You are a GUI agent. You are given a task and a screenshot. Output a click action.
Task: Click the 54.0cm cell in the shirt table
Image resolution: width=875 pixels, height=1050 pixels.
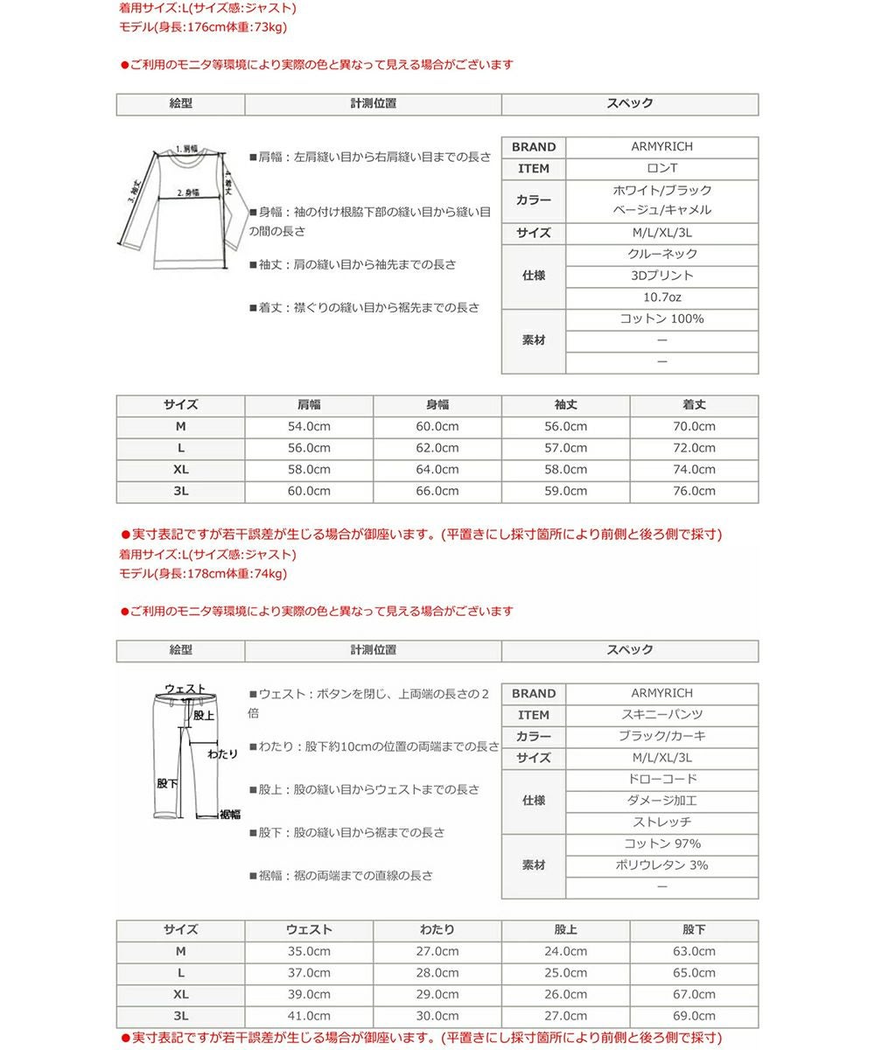pos(309,427)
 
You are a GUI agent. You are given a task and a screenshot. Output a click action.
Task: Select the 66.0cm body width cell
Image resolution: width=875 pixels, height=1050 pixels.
pos(437,492)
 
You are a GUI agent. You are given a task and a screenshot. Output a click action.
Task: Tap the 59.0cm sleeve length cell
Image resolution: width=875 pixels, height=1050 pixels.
pos(565,492)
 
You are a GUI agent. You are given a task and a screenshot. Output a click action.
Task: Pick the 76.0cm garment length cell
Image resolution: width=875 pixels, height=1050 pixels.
pos(694,492)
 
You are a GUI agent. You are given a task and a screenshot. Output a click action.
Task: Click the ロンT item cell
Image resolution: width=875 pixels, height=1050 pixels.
pos(661,169)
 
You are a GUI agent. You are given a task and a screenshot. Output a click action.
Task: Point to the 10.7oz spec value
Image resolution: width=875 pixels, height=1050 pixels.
pos(661,297)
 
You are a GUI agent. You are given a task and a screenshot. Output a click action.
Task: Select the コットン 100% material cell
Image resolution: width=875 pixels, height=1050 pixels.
pos(661,319)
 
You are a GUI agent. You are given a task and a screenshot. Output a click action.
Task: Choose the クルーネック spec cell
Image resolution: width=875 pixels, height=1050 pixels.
pos(661,255)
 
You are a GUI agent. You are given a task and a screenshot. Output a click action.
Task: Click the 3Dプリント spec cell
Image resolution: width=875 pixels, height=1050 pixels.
pos(661,276)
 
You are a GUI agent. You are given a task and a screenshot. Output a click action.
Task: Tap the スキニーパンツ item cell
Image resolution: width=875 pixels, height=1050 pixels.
pos(661,715)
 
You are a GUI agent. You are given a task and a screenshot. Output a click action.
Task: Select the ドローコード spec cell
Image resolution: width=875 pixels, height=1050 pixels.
pos(661,780)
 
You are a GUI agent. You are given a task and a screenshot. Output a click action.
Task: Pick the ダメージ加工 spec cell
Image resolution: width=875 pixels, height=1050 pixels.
pos(661,801)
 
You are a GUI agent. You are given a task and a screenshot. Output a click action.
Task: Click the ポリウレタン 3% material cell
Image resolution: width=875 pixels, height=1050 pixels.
pos(661,865)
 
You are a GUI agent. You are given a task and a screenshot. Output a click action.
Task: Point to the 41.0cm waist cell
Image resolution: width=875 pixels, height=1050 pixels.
pos(309,1017)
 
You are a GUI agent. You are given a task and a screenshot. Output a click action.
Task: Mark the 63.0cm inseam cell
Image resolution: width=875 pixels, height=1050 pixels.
pos(694,952)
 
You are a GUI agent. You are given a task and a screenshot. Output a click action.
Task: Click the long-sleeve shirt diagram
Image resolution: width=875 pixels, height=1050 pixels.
pos(179,206)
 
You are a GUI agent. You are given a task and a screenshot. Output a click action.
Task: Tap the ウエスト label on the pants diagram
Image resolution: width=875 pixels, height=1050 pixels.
pos(185,689)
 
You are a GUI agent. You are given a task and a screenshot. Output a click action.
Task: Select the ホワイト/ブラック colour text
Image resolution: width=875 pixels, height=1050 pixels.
pos(661,191)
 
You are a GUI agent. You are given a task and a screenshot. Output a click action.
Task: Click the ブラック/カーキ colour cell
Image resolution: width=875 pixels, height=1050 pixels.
pos(661,737)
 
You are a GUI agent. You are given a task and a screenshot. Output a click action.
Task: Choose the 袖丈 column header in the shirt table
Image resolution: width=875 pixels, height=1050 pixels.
pos(565,405)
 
